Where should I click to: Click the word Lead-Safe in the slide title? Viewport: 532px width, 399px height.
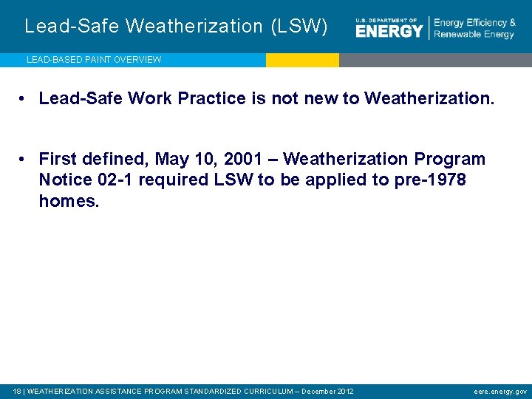(x=71, y=27)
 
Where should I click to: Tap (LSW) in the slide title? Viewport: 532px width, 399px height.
(x=299, y=27)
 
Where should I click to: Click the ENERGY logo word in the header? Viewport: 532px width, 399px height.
(x=389, y=30)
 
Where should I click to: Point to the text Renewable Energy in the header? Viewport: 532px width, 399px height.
(x=474, y=35)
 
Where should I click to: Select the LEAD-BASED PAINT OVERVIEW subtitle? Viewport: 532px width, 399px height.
(x=94, y=60)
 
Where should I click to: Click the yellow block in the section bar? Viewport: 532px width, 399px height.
(x=302, y=60)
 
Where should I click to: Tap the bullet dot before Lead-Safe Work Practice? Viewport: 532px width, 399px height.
(x=25, y=98)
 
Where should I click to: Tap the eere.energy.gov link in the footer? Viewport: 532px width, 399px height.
(x=500, y=391)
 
